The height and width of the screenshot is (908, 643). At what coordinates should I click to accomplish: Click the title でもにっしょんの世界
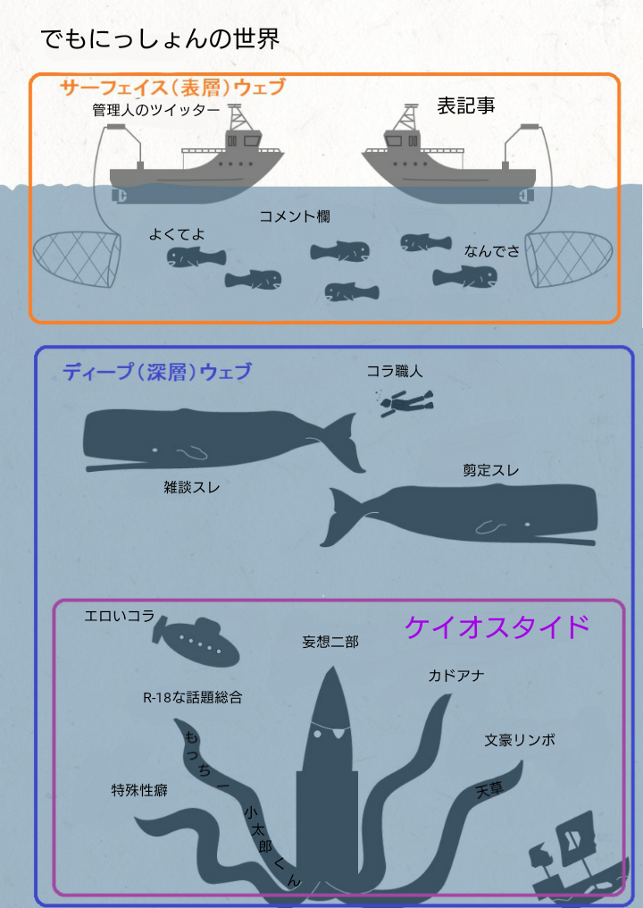[161, 39]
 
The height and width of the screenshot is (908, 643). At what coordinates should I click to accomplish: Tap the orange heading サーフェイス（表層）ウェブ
[172, 88]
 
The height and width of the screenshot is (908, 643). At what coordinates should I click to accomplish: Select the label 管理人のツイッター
[156, 110]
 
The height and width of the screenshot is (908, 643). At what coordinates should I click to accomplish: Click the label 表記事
[466, 105]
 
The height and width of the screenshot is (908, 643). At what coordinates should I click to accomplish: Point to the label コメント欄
[295, 216]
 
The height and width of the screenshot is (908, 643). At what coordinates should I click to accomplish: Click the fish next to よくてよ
[196, 256]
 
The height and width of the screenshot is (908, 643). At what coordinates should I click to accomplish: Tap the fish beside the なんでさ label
[465, 277]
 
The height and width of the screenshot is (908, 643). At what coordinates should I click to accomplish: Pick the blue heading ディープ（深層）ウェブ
[157, 371]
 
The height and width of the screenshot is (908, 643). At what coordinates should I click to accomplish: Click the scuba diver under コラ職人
[405, 402]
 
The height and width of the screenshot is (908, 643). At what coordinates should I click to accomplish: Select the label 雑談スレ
[192, 488]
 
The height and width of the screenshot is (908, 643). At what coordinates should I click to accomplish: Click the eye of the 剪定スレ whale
[527, 525]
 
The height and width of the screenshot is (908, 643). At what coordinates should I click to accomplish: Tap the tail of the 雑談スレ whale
[345, 443]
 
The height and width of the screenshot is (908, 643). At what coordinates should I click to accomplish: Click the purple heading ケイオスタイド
[497, 626]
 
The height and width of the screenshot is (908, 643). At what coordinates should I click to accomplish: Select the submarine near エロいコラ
[196, 641]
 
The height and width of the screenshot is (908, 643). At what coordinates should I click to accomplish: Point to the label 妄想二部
[330, 642]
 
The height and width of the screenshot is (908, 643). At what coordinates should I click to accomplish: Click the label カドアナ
[456, 676]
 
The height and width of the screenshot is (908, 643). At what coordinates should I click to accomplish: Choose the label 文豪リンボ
[520, 739]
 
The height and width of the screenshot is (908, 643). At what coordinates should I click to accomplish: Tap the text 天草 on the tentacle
[489, 789]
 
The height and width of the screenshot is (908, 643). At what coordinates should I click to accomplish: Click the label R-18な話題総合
[193, 697]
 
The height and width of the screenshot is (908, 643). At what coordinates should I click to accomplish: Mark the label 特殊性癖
[139, 790]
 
